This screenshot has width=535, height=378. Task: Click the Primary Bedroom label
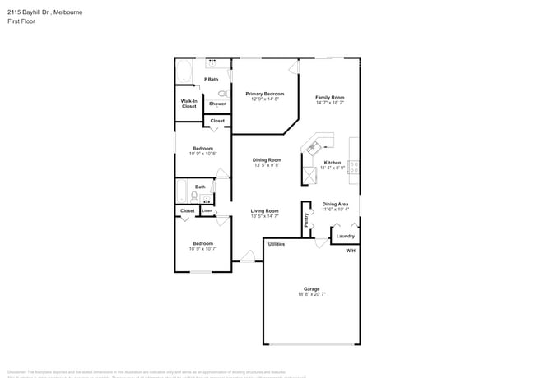265,94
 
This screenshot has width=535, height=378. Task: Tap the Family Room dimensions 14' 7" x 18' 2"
329,103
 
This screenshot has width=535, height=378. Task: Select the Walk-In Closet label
188,104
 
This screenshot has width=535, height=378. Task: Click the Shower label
217,104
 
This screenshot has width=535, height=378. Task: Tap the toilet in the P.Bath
222,94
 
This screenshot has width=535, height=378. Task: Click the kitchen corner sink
312,148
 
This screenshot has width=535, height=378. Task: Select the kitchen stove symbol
353,167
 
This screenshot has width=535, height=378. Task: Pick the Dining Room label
267,159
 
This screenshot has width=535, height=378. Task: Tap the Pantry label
305,219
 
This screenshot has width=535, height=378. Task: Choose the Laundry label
345,236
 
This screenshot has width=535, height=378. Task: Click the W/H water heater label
351,250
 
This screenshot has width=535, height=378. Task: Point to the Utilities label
277,244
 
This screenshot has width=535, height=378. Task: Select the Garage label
311,288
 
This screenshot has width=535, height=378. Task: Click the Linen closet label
207,210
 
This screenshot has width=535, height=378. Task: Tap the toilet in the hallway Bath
193,196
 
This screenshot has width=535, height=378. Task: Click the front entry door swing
247,257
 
